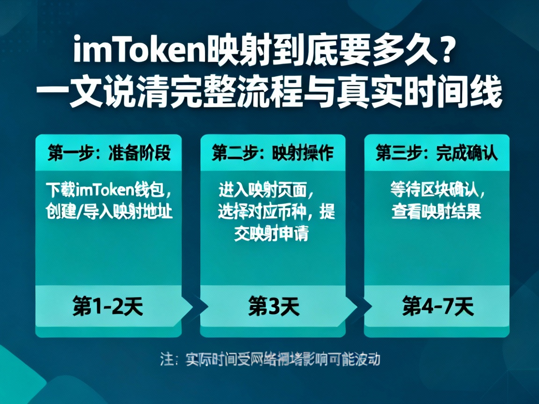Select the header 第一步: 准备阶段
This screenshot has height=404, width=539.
click(x=109, y=153)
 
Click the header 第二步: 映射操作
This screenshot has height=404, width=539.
click(x=273, y=153)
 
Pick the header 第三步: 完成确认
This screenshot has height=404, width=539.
click(x=437, y=153)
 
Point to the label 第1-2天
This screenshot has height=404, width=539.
click(x=108, y=307)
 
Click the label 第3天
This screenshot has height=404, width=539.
click(x=273, y=307)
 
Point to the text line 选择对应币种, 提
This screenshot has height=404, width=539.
click(x=276, y=212)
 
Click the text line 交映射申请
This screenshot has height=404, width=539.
click(x=271, y=233)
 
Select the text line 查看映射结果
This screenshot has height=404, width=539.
click(x=436, y=212)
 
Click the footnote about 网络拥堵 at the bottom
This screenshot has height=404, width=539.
click(x=269, y=359)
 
